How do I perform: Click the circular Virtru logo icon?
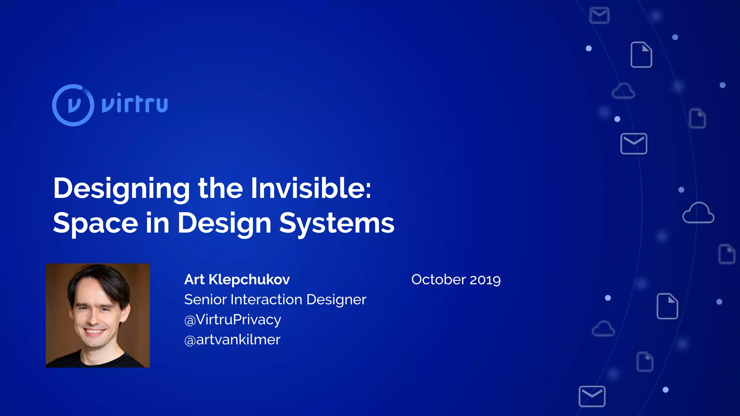coord(73,105)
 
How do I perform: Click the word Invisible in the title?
coord(311,188)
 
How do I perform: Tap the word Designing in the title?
coord(121,188)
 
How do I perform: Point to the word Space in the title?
coord(95,223)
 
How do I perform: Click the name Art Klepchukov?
coord(237,279)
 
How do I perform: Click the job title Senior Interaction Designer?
coord(275,300)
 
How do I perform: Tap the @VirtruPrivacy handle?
coord(233,320)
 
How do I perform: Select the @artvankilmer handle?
coord(232,339)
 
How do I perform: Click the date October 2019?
coord(456,279)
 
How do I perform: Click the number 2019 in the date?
coord(485,279)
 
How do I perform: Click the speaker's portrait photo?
coord(98,315)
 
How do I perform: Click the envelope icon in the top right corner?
coord(599,16)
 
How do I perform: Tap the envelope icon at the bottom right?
coord(592,396)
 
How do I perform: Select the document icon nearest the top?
coord(641,55)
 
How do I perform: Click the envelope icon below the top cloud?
coord(633,144)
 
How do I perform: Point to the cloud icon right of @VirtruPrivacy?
coord(603,329)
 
